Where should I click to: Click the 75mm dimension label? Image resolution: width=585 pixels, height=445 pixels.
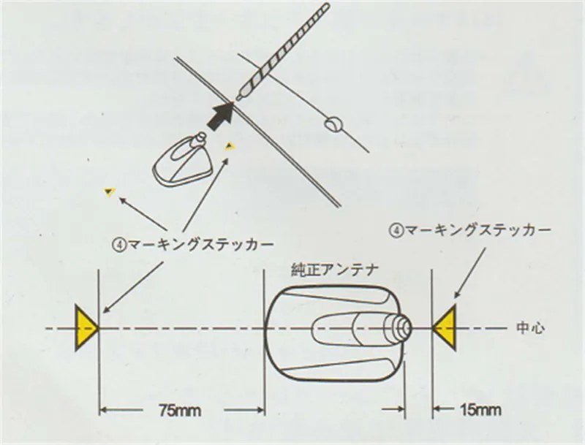pyautogui.click(x=180, y=411)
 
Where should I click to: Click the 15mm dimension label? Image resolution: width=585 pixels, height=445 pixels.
pyautogui.click(x=481, y=410)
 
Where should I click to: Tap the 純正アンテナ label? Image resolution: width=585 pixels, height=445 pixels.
pyautogui.click(x=335, y=270)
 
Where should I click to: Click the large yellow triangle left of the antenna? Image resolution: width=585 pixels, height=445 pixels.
pyautogui.click(x=86, y=328)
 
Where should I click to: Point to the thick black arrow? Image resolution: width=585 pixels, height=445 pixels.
pyautogui.click(x=221, y=116)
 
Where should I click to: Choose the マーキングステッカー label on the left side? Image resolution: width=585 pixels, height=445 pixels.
pyautogui.click(x=200, y=245)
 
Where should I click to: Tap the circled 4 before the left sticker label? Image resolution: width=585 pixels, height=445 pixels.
pyautogui.click(x=119, y=246)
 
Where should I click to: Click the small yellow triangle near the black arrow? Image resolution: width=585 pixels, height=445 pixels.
pyautogui.click(x=230, y=145)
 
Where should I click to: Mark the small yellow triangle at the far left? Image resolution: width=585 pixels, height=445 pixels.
pyautogui.click(x=109, y=192)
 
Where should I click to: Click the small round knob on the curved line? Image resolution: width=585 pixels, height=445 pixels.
pyautogui.click(x=334, y=124)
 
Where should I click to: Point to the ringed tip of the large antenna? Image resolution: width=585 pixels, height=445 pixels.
pyautogui.click(x=399, y=329)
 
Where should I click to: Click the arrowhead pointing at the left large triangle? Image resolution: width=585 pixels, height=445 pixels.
pyautogui.click(x=107, y=309)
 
